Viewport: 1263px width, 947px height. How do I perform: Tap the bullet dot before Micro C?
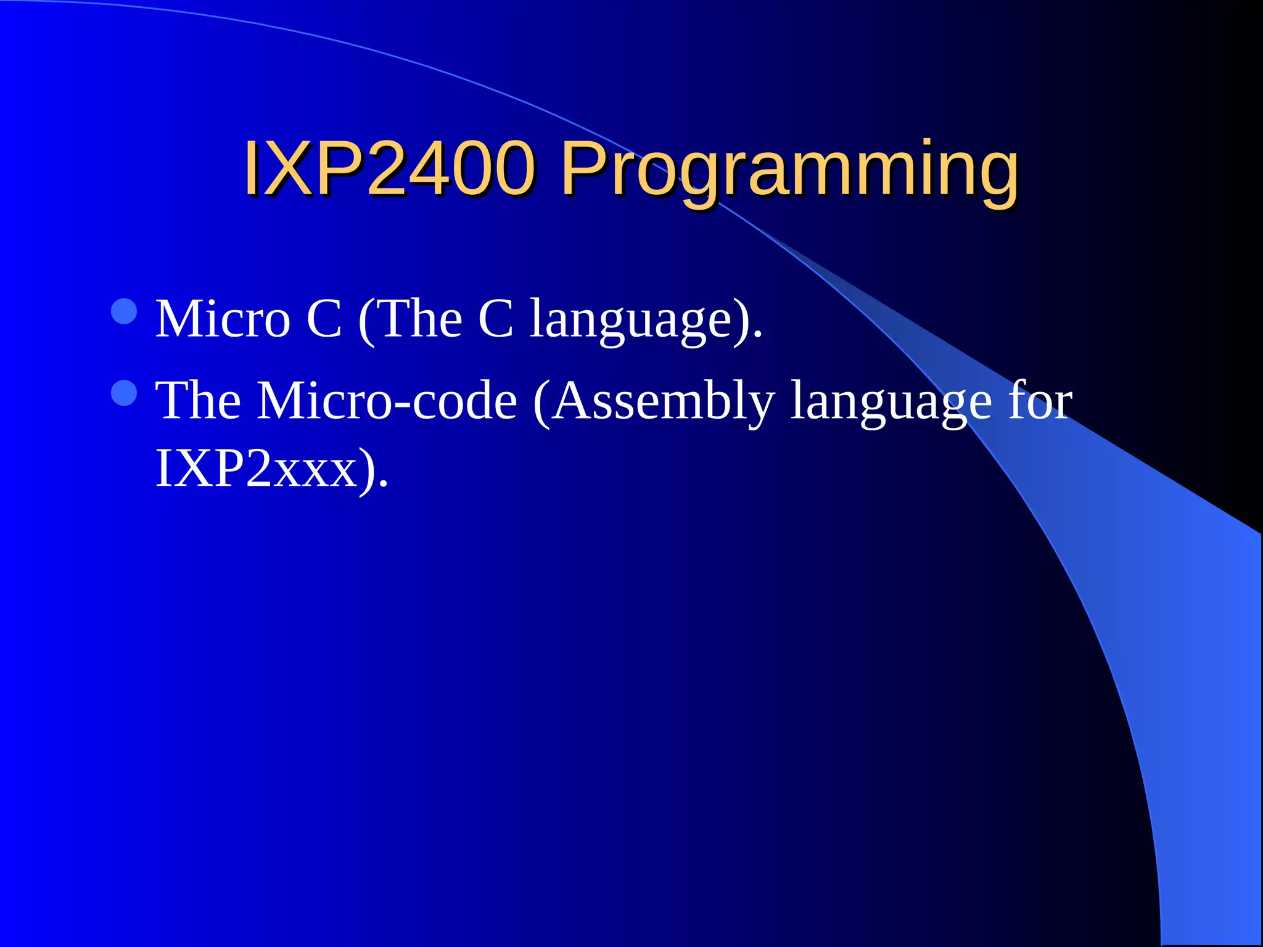coord(125,312)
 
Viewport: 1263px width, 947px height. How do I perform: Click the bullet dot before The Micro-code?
coord(125,393)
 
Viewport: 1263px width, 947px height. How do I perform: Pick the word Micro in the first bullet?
coord(223,319)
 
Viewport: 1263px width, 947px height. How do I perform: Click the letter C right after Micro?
coord(324,319)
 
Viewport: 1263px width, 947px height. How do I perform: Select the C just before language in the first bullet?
coord(495,319)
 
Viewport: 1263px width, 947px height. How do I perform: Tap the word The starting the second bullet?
coord(198,401)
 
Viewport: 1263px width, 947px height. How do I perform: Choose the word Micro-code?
coord(387,401)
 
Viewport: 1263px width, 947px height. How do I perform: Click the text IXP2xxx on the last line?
coord(257,469)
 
